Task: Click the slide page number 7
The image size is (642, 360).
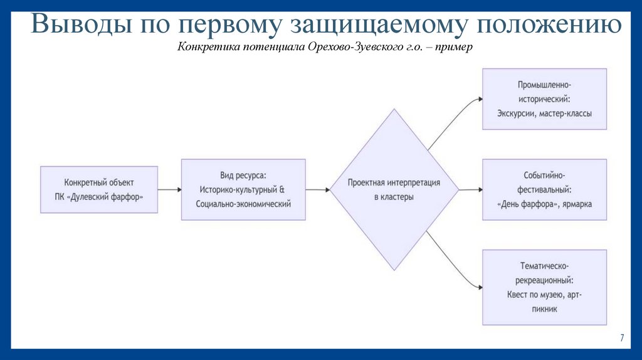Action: click(622, 337)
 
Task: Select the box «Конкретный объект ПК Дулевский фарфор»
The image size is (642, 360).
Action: click(99, 189)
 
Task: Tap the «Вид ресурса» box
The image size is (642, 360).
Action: click(243, 189)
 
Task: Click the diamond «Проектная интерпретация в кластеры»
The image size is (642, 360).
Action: click(394, 189)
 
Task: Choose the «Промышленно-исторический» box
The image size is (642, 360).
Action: click(544, 99)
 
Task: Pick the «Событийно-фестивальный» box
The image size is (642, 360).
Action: click(544, 189)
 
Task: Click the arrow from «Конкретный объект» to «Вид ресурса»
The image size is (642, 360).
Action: click(169, 189)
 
